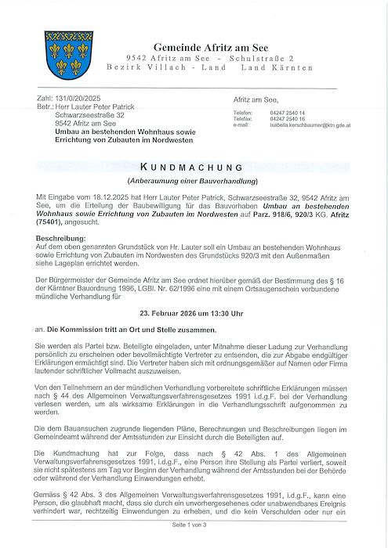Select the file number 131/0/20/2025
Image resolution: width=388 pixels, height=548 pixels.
click(75, 99)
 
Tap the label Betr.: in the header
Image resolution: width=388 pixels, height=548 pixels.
click(45, 107)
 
